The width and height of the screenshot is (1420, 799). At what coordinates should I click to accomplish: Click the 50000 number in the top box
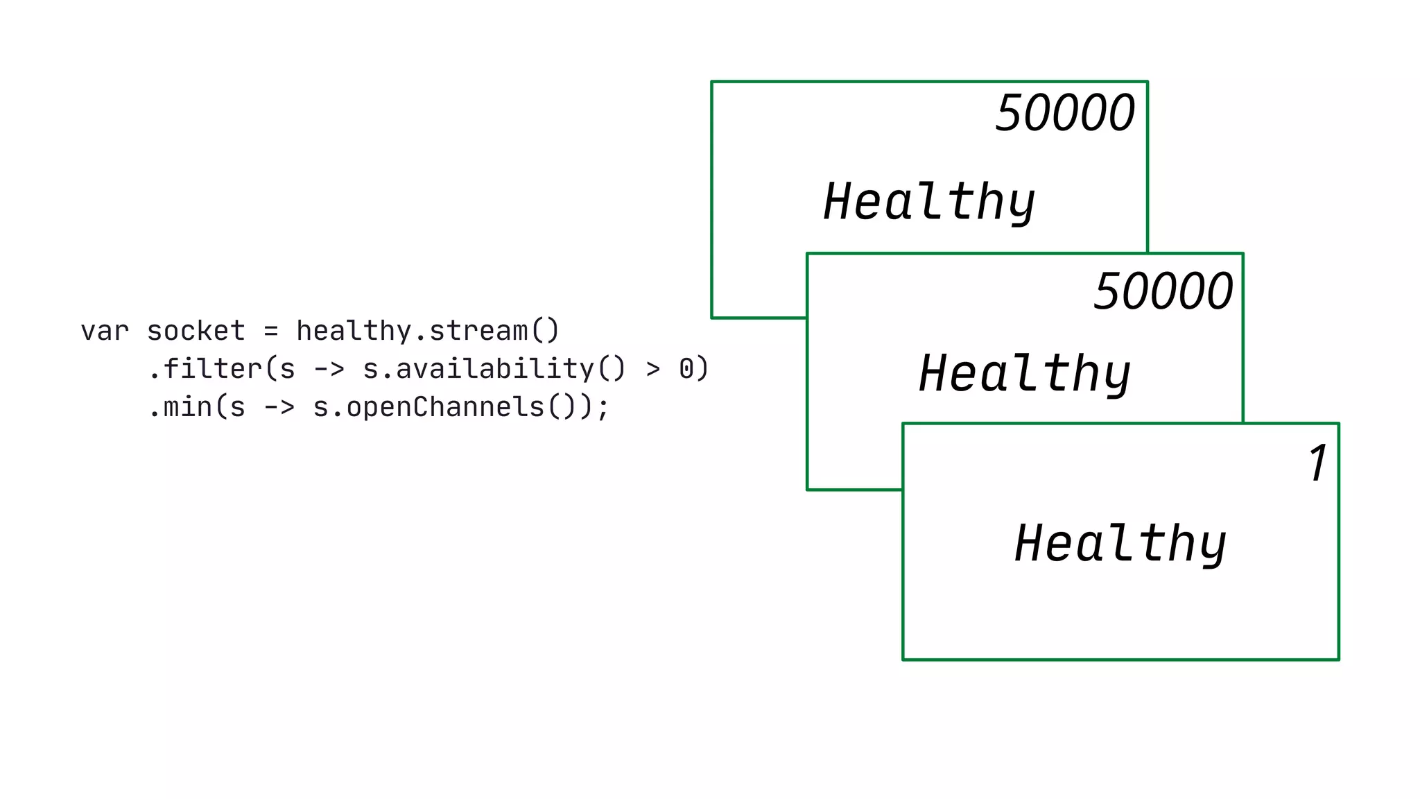point(1065,113)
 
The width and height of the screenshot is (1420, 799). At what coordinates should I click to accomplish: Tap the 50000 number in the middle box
point(1163,291)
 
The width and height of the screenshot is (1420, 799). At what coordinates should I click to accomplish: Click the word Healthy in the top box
point(929,202)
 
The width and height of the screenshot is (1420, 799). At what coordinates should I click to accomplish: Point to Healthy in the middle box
point(1025,374)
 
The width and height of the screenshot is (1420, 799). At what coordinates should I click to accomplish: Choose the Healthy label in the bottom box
point(1120,544)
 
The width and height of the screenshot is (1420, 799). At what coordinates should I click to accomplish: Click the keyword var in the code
point(105,332)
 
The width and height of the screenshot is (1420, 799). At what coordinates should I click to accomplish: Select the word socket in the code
point(196,332)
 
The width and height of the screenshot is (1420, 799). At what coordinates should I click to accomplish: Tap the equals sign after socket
point(271,332)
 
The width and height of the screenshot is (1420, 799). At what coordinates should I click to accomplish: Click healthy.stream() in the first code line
point(427,331)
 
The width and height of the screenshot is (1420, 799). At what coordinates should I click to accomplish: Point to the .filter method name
point(205,368)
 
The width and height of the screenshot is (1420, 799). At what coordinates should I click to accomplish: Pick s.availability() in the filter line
point(494,369)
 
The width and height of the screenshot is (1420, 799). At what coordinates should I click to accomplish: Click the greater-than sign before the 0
point(653,369)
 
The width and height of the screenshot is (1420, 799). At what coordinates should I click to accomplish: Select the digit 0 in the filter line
point(686,369)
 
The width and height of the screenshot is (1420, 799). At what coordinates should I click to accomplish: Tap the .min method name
point(180,406)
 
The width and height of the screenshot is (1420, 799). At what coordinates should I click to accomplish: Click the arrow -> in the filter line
point(329,370)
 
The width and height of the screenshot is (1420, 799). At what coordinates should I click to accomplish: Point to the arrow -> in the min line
point(279,407)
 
